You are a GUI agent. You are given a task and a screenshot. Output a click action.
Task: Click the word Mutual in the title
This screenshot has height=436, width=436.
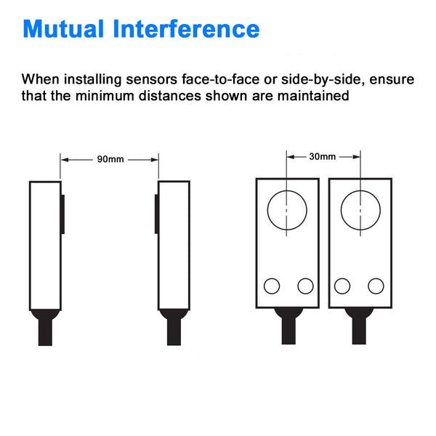[x=63, y=28]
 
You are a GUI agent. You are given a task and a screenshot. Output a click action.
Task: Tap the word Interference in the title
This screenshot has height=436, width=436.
[x=186, y=28]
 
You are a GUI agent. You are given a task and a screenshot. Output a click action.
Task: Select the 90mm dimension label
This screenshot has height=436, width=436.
[x=110, y=159]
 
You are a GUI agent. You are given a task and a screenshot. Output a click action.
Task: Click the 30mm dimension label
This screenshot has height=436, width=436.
[x=322, y=156]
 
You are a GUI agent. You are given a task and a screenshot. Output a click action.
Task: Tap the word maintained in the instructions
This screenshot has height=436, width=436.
[x=313, y=96]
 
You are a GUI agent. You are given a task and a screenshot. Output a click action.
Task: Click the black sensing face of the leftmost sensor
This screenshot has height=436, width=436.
[x=62, y=214]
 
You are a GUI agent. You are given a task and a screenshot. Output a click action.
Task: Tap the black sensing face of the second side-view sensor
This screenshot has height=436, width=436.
[x=156, y=214]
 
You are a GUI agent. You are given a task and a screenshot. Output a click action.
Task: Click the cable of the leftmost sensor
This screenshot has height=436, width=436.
[x=45, y=332]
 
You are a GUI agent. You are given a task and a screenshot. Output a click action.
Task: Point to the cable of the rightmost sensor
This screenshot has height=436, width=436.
[x=359, y=331]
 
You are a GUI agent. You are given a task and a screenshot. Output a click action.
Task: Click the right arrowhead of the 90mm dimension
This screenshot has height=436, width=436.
[x=155, y=160]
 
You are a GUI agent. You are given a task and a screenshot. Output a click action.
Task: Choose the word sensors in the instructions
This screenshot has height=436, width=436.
[x=152, y=79]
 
